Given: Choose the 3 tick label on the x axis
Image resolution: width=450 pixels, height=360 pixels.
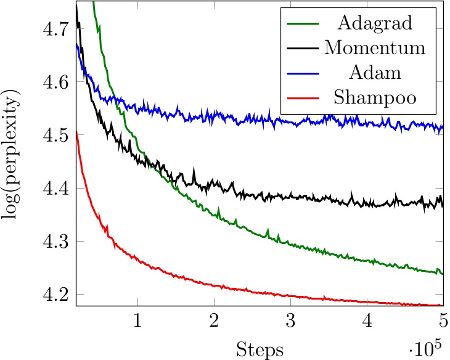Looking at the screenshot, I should pyautogui.click(x=290, y=322).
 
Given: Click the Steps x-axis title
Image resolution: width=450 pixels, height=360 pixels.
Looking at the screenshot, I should pyautogui.click(x=260, y=350).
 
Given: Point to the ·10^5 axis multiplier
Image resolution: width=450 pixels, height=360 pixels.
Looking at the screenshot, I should pyautogui.click(x=427, y=348).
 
